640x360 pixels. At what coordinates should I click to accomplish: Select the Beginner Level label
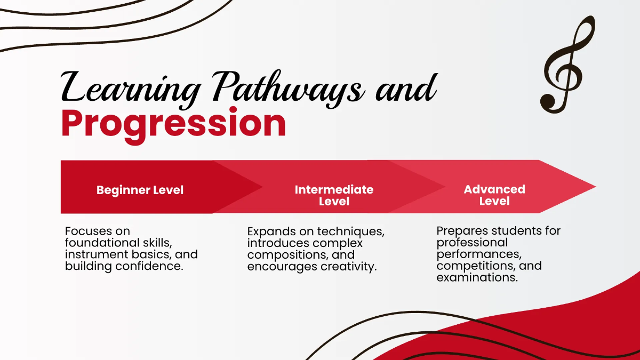(140, 190)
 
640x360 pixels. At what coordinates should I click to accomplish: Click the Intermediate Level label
(334, 195)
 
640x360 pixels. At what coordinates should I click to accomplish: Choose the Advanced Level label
(494, 195)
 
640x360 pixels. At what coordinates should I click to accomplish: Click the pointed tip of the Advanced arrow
(596, 187)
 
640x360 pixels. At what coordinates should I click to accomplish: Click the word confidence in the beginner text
(149, 266)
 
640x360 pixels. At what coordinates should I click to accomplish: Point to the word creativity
(349, 267)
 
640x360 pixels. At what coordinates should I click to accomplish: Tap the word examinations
(477, 277)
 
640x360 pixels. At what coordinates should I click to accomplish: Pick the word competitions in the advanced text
(476, 266)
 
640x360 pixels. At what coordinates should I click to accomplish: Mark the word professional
(472, 243)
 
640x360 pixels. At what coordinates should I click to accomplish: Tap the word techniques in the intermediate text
(351, 231)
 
